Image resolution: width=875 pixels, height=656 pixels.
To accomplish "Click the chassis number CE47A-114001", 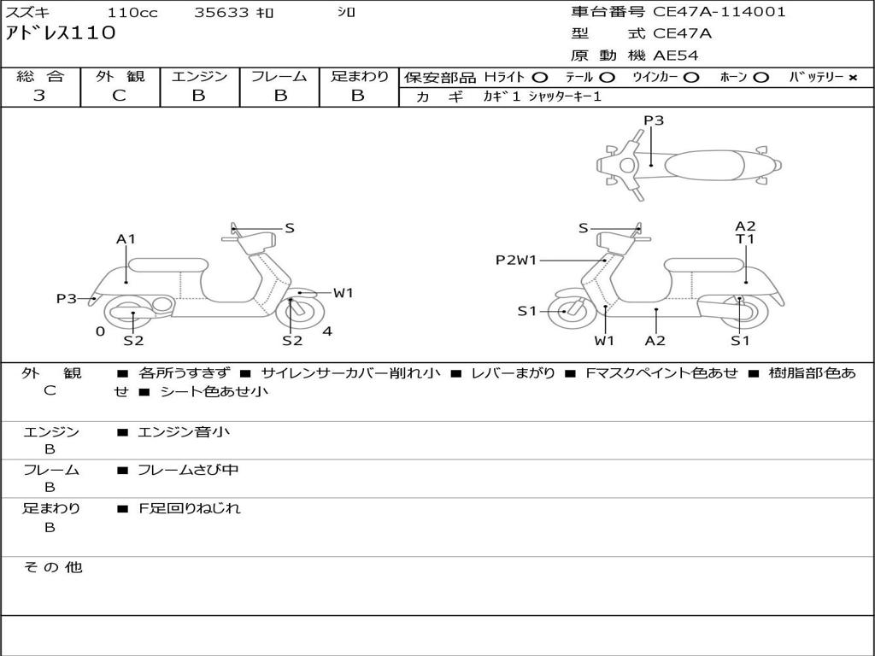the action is point(719,12).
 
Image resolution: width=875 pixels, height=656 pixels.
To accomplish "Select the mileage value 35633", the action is point(221,13).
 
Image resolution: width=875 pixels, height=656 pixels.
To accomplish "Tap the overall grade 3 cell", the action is point(39,96).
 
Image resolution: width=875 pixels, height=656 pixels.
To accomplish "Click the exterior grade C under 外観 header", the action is point(119,96).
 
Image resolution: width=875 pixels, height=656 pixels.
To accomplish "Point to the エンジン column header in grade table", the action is point(199,76).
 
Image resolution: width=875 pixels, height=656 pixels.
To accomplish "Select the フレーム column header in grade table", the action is point(279,76).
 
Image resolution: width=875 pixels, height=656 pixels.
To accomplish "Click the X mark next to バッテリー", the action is point(852,78).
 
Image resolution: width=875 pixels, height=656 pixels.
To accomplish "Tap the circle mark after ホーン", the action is point(760,78).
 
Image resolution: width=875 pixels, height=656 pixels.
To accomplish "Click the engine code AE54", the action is point(676,56).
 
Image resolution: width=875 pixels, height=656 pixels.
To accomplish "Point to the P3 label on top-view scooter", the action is point(654,120).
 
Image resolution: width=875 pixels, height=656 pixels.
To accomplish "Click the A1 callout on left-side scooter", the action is point(126,239).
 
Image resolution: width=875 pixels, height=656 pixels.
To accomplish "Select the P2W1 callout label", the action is point(516,260).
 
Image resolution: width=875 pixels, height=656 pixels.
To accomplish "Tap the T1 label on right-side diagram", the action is point(745,239).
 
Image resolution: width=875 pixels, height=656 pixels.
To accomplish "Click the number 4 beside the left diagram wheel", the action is point(327,331).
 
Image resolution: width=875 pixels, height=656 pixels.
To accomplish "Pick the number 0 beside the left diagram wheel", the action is point(100,331).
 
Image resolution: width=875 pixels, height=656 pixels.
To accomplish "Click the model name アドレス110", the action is point(61,33).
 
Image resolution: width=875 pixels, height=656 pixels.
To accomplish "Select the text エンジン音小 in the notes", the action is point(183,432).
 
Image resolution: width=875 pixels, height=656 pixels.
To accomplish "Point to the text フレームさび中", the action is point(188,470).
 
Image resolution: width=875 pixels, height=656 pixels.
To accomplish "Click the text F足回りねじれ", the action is point(190,508).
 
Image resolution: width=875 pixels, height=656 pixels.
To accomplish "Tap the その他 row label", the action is point(53,567).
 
